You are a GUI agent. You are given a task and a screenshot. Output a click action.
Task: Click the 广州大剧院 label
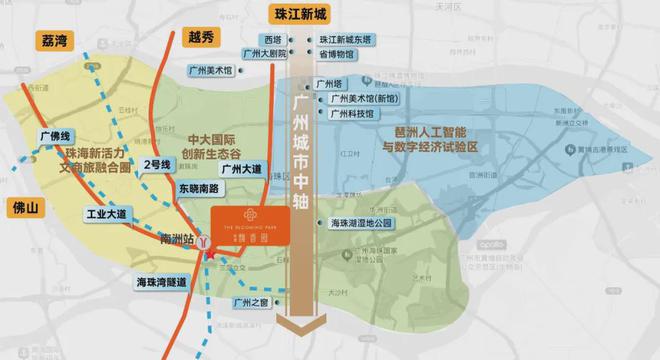point(267,54)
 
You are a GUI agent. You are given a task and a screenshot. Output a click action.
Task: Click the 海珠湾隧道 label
point(161,283)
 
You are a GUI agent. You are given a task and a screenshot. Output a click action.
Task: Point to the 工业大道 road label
point(107,214)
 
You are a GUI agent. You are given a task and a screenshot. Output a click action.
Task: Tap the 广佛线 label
point(53,135)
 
